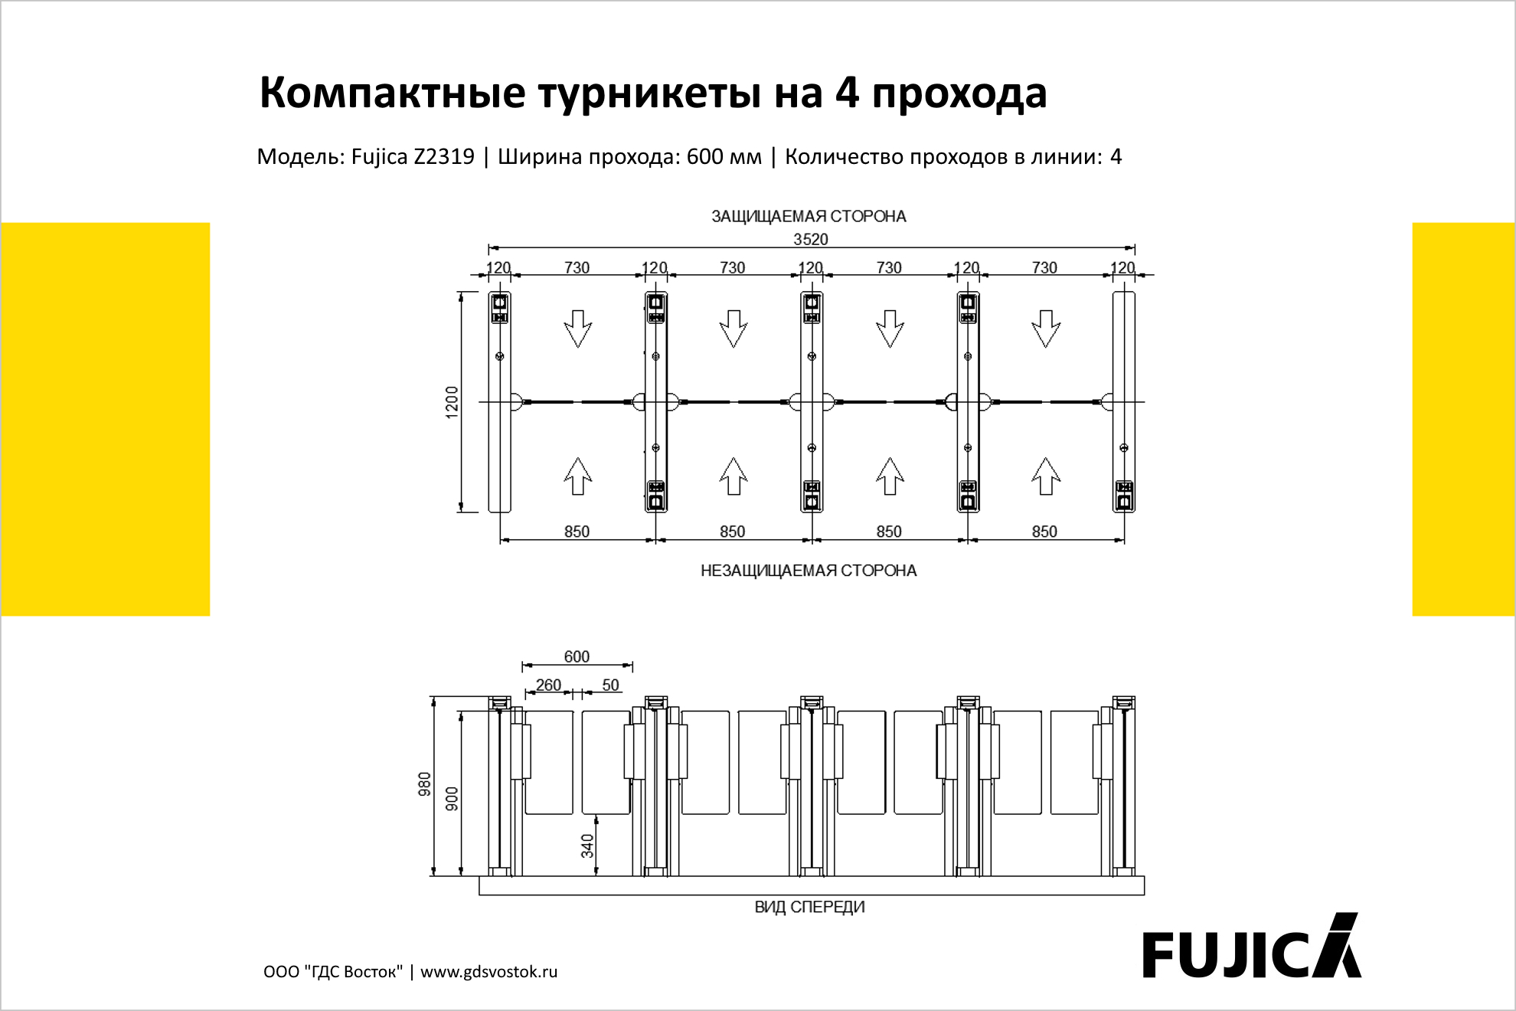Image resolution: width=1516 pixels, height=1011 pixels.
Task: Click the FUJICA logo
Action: (1252, 946)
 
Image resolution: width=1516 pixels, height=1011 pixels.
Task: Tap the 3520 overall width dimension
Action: (811, 239)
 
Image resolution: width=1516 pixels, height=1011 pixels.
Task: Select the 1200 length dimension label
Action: (452, 402)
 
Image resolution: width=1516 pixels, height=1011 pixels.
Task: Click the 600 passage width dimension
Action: (577, 656)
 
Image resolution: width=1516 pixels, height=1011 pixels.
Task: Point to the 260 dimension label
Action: (548, 685)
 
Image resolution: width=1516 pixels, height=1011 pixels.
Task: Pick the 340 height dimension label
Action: (587, 846)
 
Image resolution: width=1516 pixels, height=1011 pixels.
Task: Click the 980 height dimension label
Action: (424, 784)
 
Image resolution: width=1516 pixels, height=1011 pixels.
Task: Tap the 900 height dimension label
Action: (452, 798)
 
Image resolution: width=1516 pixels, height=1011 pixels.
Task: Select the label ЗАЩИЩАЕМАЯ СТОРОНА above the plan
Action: (809, 217)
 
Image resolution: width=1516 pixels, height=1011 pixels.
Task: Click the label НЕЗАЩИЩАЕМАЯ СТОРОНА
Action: (809, 571)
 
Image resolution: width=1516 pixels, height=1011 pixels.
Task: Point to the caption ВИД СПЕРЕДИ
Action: (809, 907)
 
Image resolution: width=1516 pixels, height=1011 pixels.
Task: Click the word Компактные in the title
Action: (393, 93)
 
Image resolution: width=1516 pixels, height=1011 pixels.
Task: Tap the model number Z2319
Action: (444, 156)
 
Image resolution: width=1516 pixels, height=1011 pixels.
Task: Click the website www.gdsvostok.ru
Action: (489, 972)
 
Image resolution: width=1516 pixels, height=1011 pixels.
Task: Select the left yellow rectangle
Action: (106, 419)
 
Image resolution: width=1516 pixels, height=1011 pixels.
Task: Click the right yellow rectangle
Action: (1464, 419)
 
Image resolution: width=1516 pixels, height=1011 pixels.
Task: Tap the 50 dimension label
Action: (610, 685)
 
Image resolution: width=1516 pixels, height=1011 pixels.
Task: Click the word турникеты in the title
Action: (649, 93)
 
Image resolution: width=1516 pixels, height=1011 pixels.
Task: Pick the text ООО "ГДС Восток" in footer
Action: (333, 972)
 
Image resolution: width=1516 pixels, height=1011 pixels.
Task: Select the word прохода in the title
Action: (959, 93)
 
